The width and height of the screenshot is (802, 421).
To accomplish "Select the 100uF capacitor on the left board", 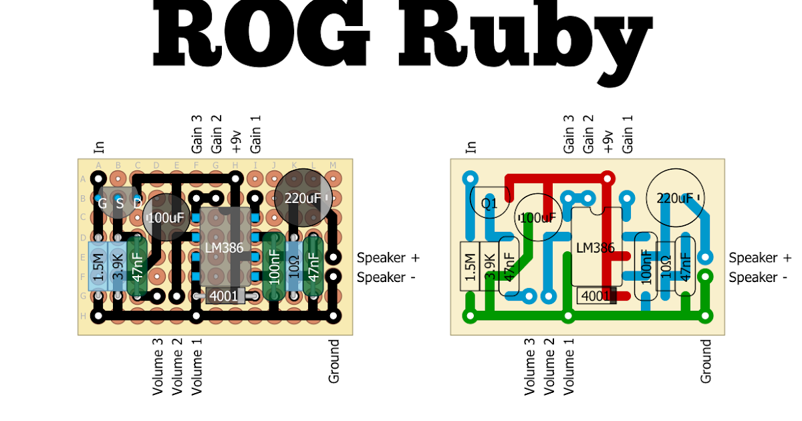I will (x=166, y=217).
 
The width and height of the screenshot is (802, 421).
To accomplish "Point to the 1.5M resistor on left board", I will (x=98, y=267).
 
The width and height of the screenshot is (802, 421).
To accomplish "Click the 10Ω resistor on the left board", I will (x=293, y=267).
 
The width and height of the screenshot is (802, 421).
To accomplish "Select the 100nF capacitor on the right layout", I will (x=646, y=267).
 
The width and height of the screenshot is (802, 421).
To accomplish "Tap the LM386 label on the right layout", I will (x=595, y=247).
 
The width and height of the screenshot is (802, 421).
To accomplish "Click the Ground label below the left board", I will (x=334, y=361).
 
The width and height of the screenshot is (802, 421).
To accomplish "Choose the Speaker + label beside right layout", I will (x=760, y=258).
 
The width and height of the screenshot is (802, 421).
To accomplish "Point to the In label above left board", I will (x=100, y=147).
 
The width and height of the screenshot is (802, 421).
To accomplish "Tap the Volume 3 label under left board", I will (x=158, y=366).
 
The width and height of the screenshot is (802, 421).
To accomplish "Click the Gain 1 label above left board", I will (x=255, y=134).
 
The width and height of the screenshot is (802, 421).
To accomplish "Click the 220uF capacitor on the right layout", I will (x=675, y=198).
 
